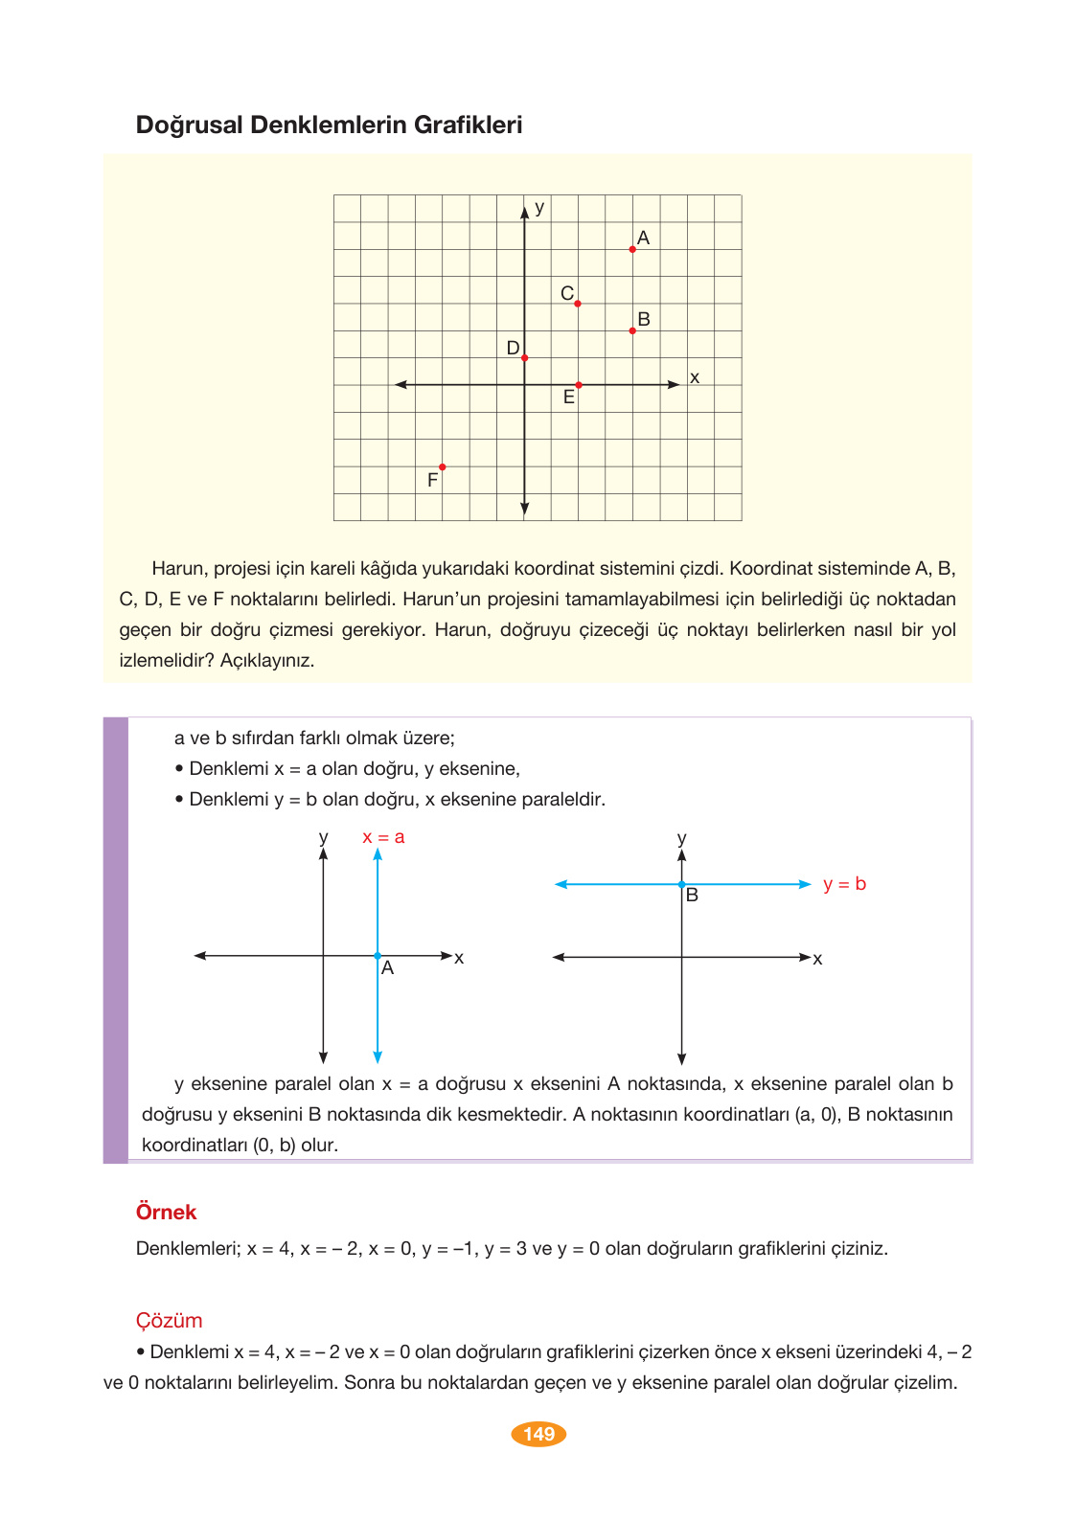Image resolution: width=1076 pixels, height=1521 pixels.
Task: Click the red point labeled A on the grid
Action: pyautogui.click(x=632, y=249)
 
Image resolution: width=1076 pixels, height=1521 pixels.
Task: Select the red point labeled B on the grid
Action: pyautogui.click(x=632, y=330)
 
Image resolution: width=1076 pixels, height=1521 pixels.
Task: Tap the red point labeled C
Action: pyautogui.click(x=578, y=304)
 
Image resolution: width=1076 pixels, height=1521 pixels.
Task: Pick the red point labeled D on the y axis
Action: pyautogui.click(x=525, y=357)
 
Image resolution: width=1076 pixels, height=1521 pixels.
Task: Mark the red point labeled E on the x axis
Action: pyautogui.click(x=579, y=385)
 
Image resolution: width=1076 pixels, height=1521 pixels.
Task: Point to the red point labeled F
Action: pyautogui.click(x=442, y=466)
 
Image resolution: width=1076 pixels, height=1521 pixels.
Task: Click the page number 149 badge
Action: pyautogui.click(x=538, y=1434)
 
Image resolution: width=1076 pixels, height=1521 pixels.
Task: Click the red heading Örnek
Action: pyautogui.click(x=166, y=1212)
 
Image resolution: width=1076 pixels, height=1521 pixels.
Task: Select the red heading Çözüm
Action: pyautogui.click(x=169, y=1320)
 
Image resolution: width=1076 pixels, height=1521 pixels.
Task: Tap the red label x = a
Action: pyautogui.click(x=383, y=837)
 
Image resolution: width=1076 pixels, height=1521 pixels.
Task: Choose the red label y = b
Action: pyautogui.click(x=844, y=884)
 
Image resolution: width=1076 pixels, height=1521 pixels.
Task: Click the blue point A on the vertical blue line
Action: pyautogui.click(x=378, y=956)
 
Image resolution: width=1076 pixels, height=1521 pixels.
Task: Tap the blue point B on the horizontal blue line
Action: pyautogui.click(x=681, y=884)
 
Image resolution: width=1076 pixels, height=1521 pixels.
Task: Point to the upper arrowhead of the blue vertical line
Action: pyautogui.click(x=378, y=853)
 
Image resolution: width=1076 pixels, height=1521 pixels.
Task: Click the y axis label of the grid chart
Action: pyautogui.click(x=539, y=208)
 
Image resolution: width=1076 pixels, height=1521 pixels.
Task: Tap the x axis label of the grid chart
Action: pyautogui.click(x=695, y=378)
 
